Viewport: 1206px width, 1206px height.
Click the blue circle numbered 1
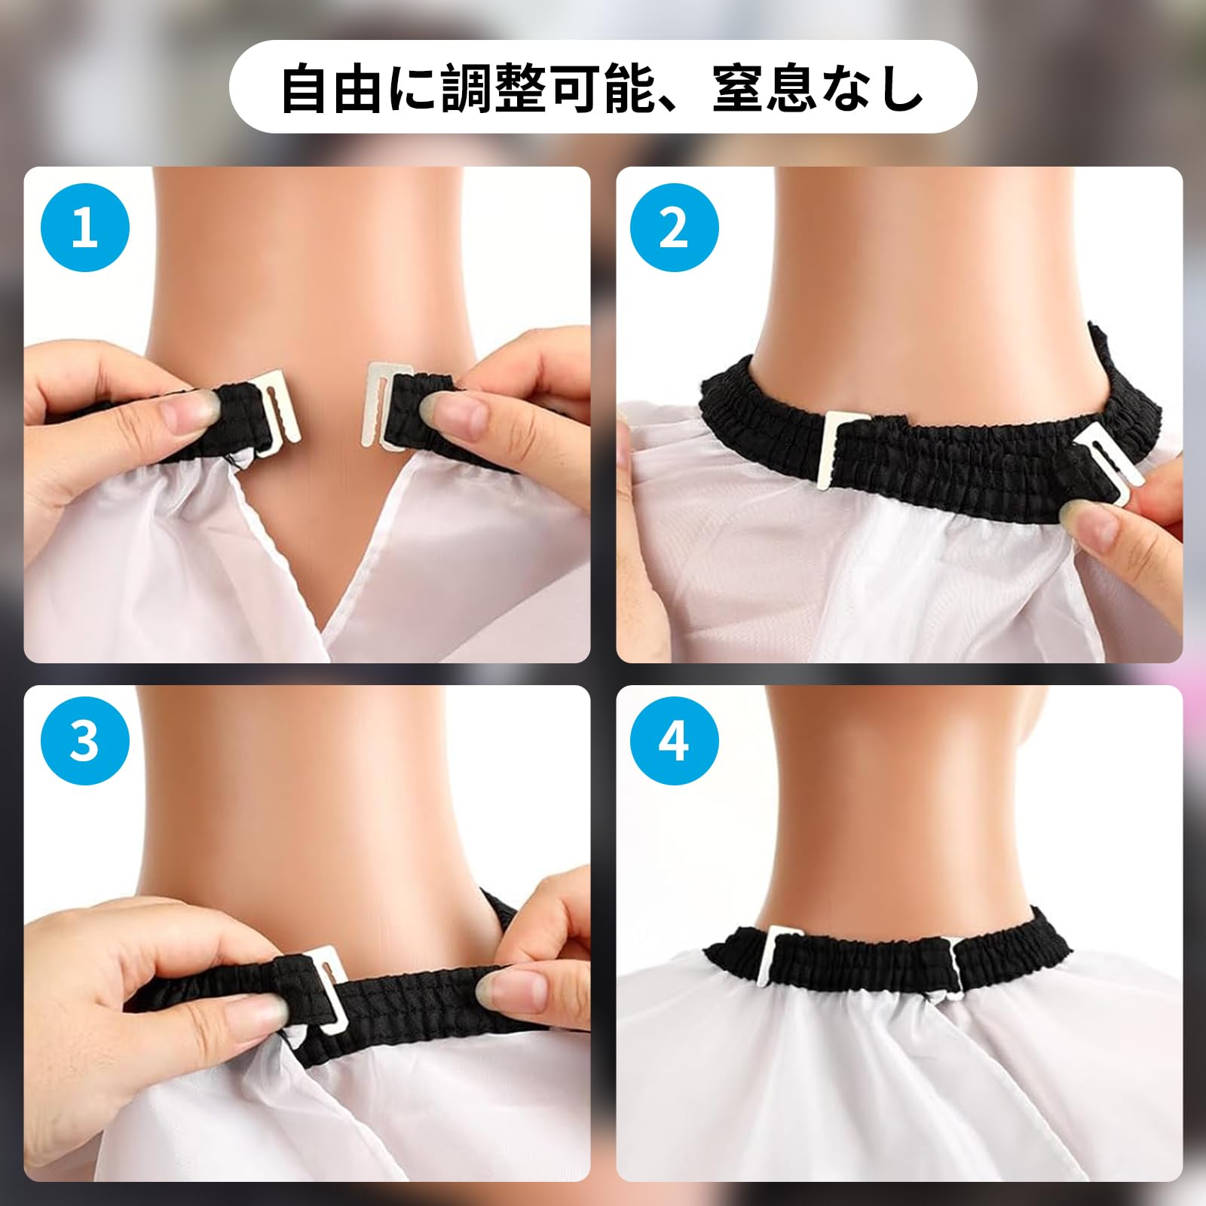click(x=84, y=227)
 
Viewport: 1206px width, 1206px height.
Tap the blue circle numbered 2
click(x=674, y=227)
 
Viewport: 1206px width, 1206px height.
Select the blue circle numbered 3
click(x=84, y=741)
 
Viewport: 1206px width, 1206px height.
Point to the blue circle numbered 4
click(x=674, y=741)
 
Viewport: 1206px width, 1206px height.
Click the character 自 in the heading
click(x=305, y=87)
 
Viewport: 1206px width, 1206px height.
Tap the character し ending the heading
click(x=900, y=87)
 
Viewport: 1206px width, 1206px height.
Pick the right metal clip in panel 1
click(x=387, y=406)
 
